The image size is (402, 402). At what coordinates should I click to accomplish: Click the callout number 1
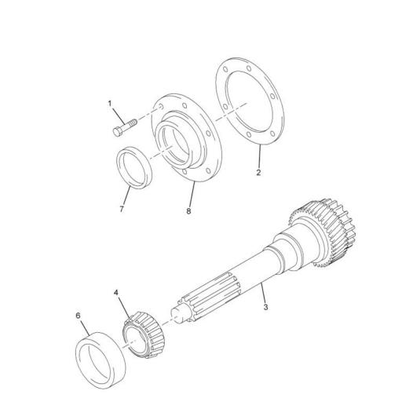tap(110, 104)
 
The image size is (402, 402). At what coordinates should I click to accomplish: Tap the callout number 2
tap(258, 173)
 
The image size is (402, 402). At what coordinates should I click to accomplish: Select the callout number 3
tap(265, 307)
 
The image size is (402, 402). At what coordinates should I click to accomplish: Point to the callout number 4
tap(116, 293)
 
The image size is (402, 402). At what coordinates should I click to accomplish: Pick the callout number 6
tap(78, 316)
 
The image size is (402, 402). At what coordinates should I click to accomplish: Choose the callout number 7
tap(122, 209)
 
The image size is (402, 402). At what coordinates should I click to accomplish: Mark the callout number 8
tap(188, 211)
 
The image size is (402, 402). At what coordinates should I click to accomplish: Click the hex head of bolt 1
tap(118, 132)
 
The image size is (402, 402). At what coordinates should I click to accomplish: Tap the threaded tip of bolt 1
tap(133, 122)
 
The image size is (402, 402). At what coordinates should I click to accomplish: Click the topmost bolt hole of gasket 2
tap(249, 68)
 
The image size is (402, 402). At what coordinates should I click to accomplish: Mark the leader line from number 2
tap(260, 156)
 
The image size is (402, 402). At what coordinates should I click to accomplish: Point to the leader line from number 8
tap(192, 194)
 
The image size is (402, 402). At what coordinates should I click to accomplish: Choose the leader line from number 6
tap(86, 327)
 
